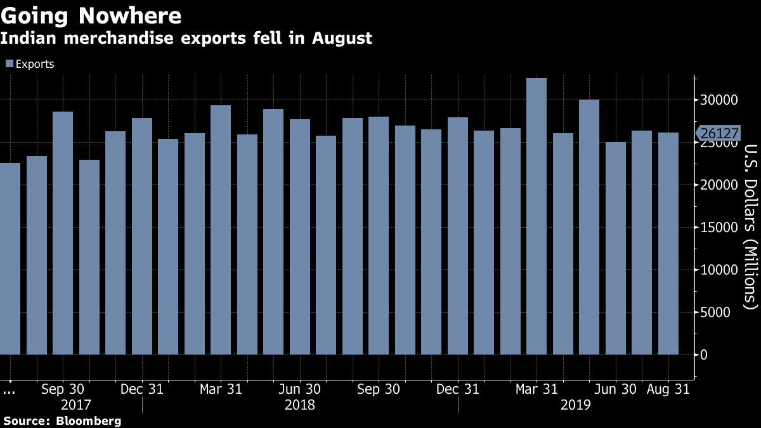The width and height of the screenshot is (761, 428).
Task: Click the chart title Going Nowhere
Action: (x=91, y=15)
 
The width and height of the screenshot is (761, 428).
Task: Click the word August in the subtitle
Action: (x=341, y=39)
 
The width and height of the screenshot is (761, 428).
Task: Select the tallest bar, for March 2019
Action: (x=537, y=216)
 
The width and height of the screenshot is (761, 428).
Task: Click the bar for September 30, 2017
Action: (x=63, y=233)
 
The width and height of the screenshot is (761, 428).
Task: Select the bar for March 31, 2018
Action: (x=221, y=230)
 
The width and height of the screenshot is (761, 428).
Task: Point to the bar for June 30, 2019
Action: (x=615, y=248)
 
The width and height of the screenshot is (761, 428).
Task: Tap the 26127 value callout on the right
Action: (x=715, y=133)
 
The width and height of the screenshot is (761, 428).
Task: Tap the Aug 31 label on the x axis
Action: (x=668, y=388)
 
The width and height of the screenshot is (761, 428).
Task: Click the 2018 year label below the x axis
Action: (x=299, y=405)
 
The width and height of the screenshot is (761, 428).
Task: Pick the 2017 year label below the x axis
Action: (x=76, y=405)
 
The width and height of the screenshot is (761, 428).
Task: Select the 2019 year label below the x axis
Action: (x=575, y=405)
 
